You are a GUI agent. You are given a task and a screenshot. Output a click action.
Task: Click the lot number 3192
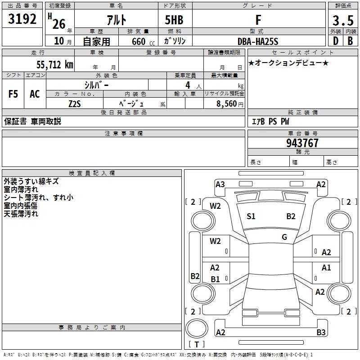(22, 20)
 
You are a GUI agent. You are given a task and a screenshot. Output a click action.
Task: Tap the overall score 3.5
(342, 21)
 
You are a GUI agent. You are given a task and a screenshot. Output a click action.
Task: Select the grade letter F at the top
(258, 20)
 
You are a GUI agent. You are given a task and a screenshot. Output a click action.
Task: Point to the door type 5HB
(174, 20)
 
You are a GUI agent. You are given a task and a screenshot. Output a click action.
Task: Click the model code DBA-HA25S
(258, 41)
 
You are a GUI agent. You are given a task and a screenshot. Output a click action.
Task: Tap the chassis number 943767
(302, 143)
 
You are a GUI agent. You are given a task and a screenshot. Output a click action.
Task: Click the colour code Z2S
(74, 104)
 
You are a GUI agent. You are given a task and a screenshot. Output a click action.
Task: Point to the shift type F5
(13, 94)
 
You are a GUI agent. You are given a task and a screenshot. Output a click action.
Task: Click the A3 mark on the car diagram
(220, 184)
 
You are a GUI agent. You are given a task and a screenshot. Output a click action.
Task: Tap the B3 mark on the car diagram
(321, 333)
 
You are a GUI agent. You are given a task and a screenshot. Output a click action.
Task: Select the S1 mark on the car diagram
(251, 216)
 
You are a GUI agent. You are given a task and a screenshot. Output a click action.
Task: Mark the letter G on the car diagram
(284, 237)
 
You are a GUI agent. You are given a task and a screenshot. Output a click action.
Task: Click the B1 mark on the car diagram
(215, 279)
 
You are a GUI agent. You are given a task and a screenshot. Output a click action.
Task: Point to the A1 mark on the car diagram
(326, 268)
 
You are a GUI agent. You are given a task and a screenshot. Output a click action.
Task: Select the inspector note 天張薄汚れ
(21, 214)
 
